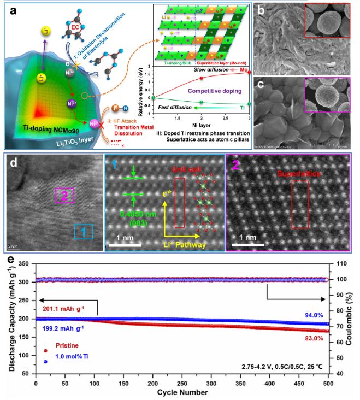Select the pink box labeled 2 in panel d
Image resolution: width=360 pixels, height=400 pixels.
click(64, 197)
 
